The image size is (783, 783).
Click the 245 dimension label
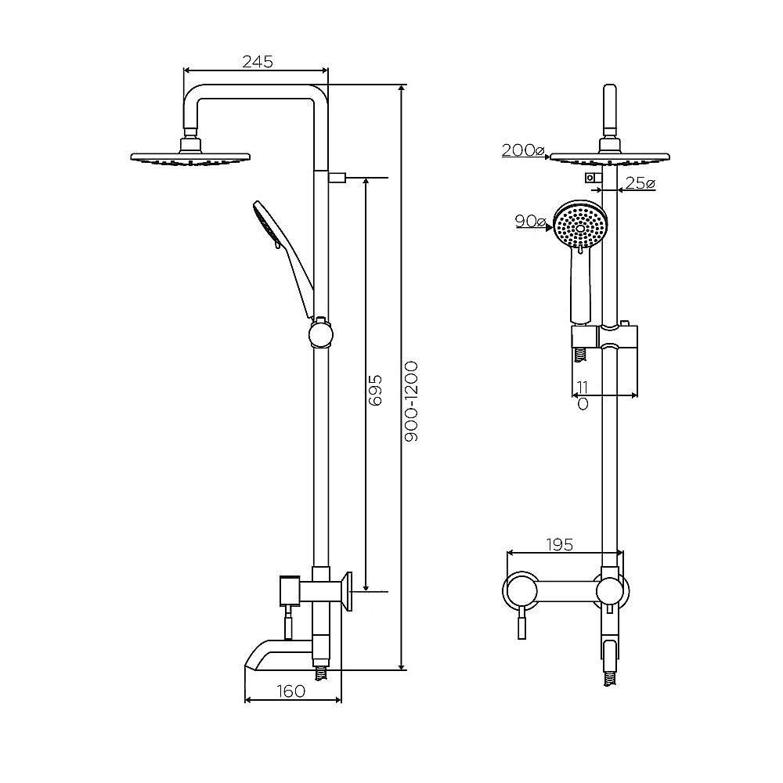click(x=257, y=61)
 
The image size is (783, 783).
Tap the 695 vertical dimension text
click(x=376, y=390)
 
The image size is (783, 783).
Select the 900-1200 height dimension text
click(x=412, y=402)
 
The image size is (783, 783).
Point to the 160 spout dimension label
click(x=290, y=691)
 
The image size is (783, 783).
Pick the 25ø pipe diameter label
click(x=640, y=183)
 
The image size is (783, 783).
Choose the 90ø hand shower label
click(x=530, y=221)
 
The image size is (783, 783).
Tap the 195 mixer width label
click(x=559, y=544)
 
